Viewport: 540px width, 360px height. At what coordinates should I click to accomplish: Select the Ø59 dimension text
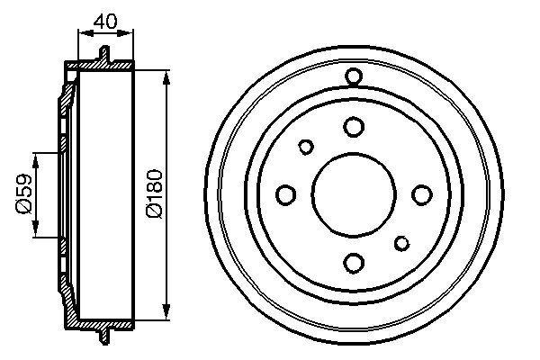[24, 194]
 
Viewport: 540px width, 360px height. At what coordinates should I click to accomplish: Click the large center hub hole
[354, 193]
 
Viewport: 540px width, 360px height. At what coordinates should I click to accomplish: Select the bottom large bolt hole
[354, 262]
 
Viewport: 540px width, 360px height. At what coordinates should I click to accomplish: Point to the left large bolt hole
[286, 194]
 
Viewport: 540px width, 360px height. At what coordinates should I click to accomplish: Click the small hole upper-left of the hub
[306, 146]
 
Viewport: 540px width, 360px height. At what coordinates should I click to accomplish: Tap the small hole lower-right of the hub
[401, 241]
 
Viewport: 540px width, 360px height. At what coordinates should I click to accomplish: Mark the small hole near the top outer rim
[354, 76]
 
